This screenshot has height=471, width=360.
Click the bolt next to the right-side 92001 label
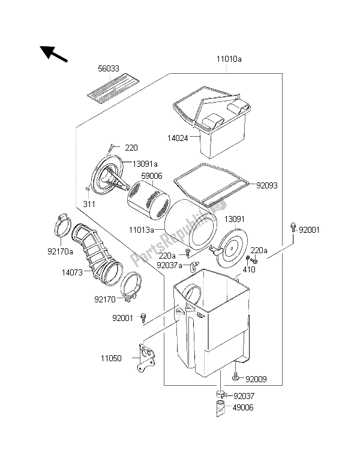[293, 227]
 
